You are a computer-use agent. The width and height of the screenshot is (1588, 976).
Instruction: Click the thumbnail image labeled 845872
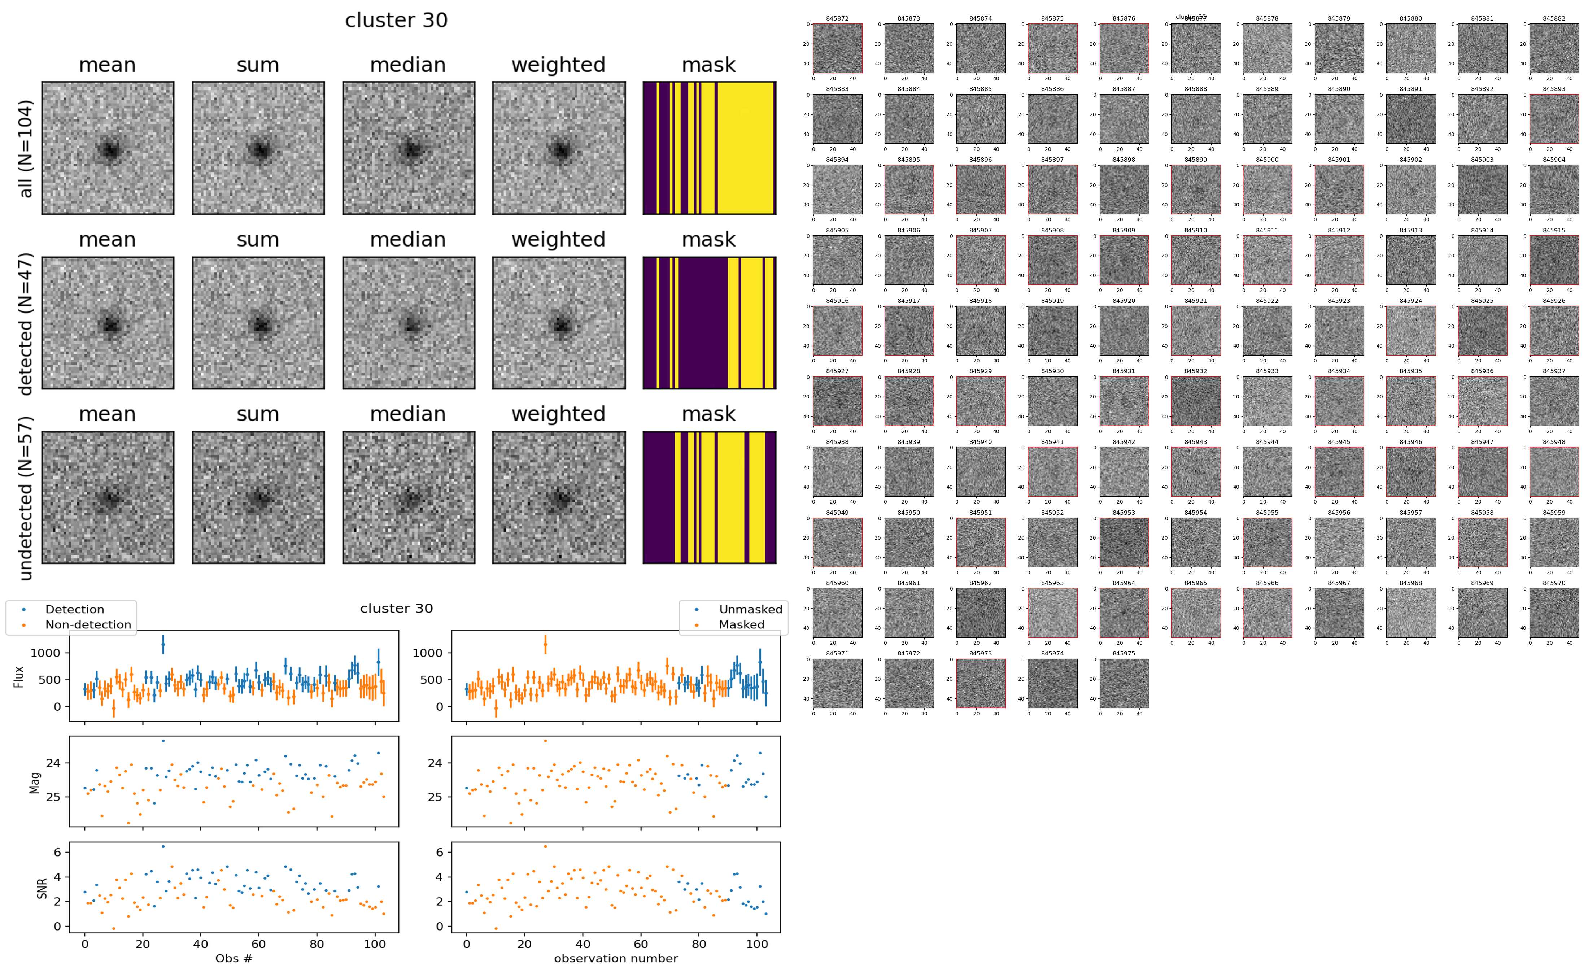[837, 48]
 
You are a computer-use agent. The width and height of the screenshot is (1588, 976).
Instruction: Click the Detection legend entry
[74, 609]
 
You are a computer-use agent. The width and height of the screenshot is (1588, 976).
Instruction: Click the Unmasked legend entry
[750, 609]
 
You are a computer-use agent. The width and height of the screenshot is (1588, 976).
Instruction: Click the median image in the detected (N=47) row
[409, 323]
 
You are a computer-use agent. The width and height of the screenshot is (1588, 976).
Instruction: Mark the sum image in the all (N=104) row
[258, 148]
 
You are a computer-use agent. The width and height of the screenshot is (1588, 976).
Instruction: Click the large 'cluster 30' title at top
[396, 21]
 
